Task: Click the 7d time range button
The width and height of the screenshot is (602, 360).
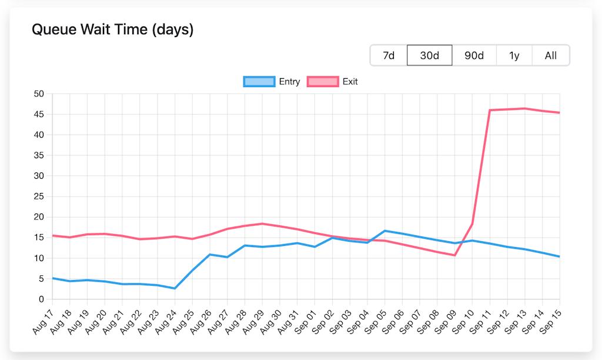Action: tap(389, 55)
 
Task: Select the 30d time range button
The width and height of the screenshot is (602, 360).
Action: tap(429, 55)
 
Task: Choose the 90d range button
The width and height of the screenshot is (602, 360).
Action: tap(474, 55)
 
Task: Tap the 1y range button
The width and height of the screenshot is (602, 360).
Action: tap(514, 55)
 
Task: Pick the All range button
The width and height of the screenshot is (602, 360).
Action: tap(550, 55)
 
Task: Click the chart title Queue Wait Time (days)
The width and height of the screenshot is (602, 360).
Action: tap(112, 29)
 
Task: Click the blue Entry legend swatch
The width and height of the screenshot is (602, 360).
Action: tap(259, 82)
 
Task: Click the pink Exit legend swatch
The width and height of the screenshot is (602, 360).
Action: tap(323, 82)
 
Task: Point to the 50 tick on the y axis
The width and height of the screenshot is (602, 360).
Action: tap(39, 94)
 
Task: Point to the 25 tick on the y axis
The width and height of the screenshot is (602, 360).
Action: tap(39, 196)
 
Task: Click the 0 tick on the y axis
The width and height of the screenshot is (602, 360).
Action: tap(42, 299)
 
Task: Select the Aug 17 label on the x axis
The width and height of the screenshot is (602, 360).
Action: tap(43, 321)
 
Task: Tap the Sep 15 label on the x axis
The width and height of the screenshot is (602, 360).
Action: tap(551, 321)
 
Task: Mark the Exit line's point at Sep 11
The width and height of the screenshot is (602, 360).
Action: tap(490, 110)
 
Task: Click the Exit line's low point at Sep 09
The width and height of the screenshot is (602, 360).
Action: tap(454, 255)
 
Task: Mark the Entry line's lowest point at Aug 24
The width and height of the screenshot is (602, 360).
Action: tap(175, 288)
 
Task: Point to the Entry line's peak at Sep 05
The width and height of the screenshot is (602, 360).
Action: tap(384, 231)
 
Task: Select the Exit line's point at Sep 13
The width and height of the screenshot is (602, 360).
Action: tap(524, 108)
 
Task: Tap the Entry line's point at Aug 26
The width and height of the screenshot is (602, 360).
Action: tap(209, 255)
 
